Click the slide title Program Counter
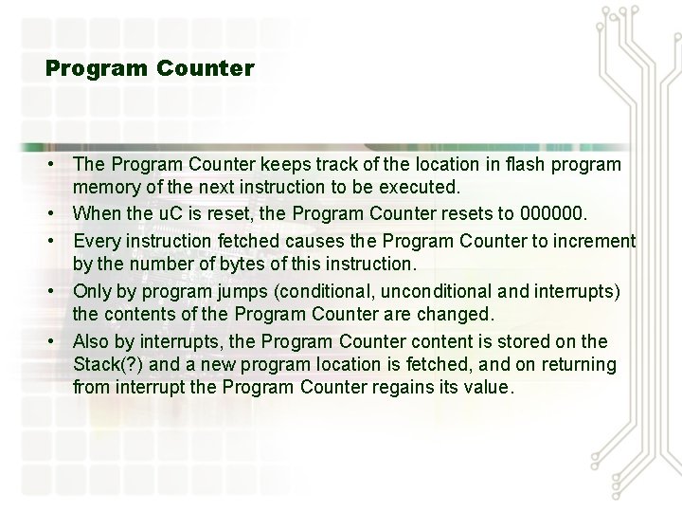point(150,68)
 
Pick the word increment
point(592,240)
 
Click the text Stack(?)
point(107,364)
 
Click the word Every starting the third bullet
point(96,240)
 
